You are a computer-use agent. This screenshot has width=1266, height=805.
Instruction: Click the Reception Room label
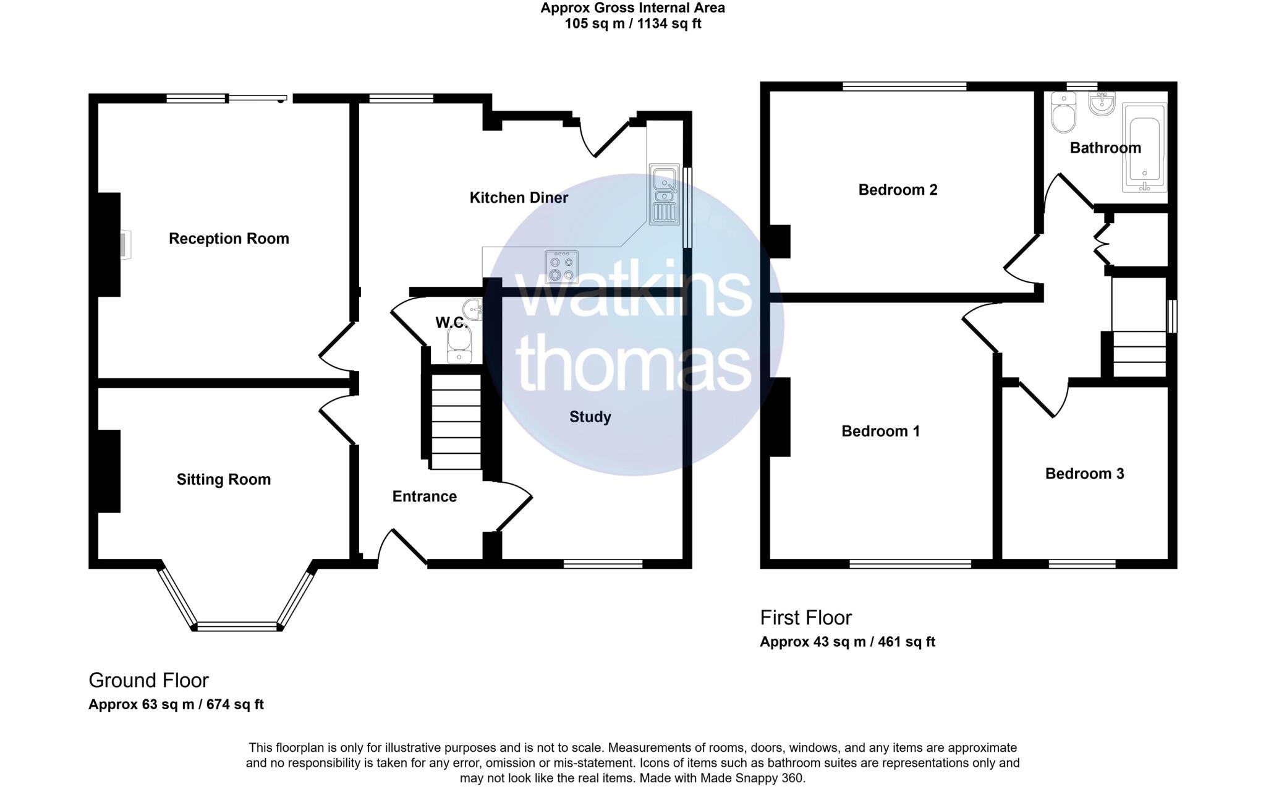[229, 239]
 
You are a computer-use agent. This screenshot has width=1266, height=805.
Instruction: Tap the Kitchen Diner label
[519, 198]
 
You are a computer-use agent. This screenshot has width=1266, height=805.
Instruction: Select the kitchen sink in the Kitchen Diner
[664, 194]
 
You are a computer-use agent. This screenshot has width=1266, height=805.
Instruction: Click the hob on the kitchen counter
[561, 266]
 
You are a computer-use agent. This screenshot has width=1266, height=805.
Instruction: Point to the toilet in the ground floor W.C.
[459, 344]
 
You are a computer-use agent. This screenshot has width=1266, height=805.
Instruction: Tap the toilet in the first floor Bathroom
[1064, 113]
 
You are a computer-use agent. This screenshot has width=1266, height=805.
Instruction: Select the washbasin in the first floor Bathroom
[1102, 104]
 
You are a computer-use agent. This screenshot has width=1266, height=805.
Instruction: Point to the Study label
[590, 417]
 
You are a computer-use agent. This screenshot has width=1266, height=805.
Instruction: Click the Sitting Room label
[224, 479]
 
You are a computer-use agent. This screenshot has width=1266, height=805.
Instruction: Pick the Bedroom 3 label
[1084, 474]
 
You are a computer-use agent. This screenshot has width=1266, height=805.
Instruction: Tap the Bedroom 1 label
[880, 431]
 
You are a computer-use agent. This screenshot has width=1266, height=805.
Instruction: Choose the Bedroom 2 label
[898, 190]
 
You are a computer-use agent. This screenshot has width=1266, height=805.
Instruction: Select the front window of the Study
[603, 563]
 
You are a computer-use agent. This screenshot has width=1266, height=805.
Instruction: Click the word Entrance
[425, 496]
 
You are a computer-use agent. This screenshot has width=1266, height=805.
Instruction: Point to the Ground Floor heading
[149, 680]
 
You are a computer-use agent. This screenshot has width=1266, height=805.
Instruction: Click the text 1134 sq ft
[671, 24]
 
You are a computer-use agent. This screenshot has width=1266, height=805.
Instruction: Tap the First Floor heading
[805, 618]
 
